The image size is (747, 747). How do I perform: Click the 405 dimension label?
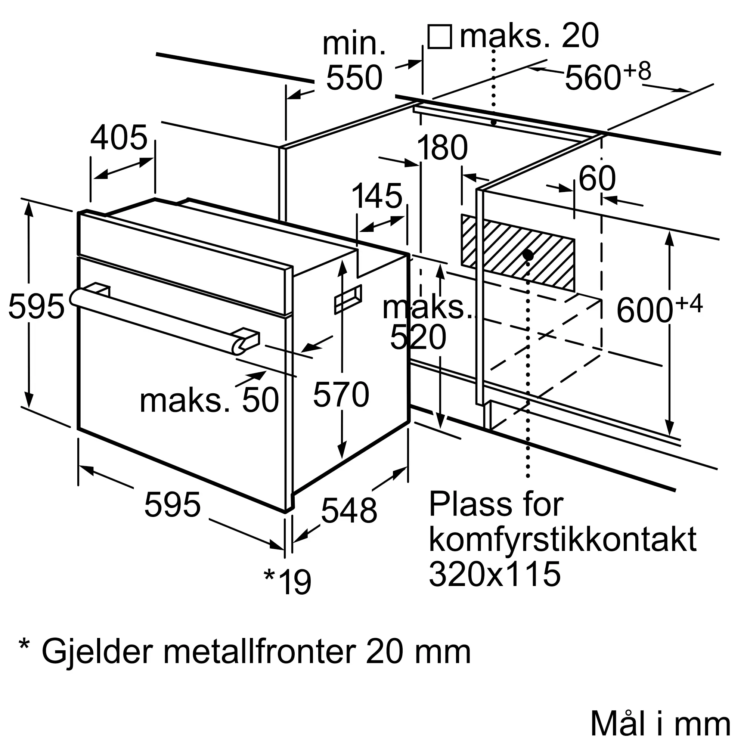click(119, 138)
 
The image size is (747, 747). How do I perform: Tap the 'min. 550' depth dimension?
click(354, 62)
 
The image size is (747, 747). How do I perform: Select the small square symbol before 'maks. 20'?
click(440, 37)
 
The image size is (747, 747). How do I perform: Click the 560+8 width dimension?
click(607, 77)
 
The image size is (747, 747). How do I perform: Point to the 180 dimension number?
click(442, 148)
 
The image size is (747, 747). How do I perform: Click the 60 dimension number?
click(596, 179)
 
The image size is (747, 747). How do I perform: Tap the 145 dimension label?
click(377, 196)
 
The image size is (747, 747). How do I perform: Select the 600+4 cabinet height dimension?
click(659, 309)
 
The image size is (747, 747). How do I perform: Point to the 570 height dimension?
click(341, 395)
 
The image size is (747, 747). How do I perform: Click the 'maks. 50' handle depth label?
click(209, 400)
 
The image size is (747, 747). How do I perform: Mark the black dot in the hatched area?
click(528, 255)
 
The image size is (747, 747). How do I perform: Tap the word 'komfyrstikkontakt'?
click(562, 540)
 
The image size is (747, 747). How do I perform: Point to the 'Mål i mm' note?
click(660, 724)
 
